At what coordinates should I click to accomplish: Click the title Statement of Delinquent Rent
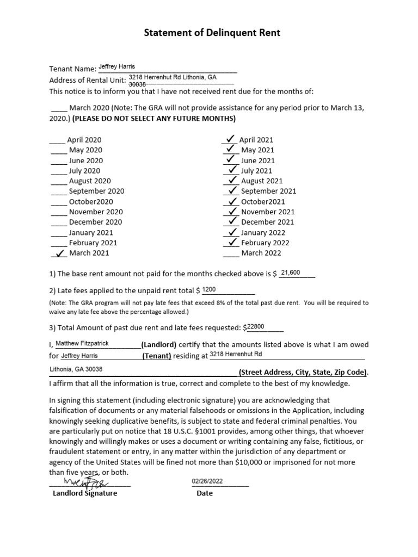click(212, 33)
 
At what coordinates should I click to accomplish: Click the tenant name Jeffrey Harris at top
click(116, 66)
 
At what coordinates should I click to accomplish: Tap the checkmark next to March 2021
click(61, 252)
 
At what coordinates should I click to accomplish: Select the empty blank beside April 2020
click(58, 140)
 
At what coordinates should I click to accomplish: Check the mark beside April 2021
click(230, 139)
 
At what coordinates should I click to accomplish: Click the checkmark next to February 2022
click(232, 242)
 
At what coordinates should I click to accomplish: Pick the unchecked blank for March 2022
click(231, 253)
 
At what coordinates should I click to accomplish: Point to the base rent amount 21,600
click(290, 273)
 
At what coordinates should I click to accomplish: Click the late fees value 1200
click(210, 289)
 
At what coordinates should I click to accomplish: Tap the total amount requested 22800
click(255, 326)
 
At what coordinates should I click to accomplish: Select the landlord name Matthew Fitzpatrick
click(82, 343)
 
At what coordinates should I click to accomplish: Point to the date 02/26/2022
click(207, 481)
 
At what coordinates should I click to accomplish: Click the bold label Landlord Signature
click(84, 493)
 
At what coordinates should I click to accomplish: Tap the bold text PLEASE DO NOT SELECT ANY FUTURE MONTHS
click(154, 119)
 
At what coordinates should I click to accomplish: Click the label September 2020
click(96, 191)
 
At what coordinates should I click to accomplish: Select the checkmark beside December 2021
click(232, 221)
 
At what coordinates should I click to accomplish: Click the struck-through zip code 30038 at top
click(137, 85)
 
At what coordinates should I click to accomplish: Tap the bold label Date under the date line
click(205, 493)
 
